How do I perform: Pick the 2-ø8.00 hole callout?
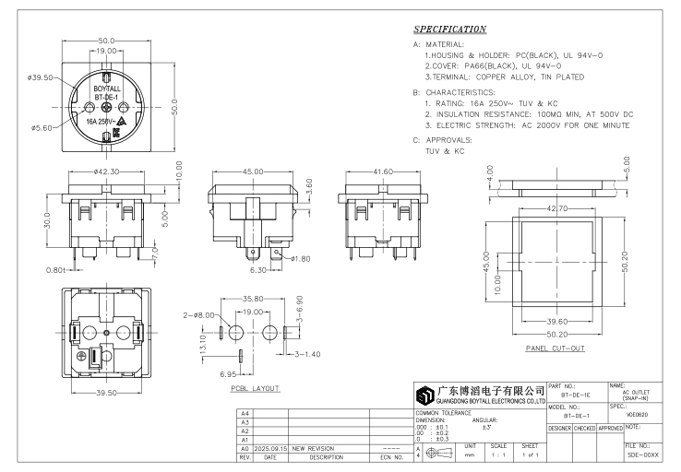tap(199, 316)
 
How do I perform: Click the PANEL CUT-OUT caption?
tap(555, 349)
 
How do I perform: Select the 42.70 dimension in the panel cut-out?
tap(557, 208)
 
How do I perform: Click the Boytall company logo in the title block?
tap(425, 395)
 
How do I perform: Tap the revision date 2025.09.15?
tap(270, 448)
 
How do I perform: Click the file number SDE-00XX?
tap(639, 455)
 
